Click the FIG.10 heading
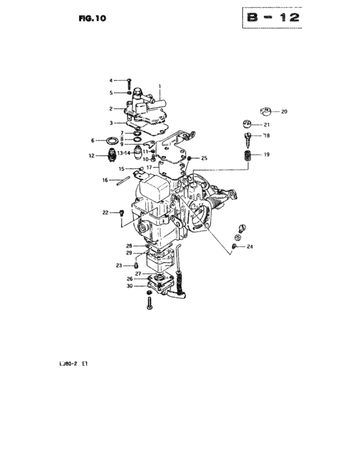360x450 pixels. [92, 19]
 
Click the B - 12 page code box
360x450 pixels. [272, 18]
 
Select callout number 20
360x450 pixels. [284, 112]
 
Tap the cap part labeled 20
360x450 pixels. [266, 111]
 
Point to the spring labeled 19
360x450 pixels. [248, 156]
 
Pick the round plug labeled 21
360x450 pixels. [247, 124]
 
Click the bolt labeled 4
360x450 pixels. [129, 84]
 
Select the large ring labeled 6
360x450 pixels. [113, 141]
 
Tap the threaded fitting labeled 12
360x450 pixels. [112, 155]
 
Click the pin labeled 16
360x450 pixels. [123, 181]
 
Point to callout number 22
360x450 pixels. [105, 213]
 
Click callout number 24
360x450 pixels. [250, 246]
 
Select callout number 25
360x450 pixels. [204, 158]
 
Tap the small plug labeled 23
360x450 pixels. [137, 265]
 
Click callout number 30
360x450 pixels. [129, 286]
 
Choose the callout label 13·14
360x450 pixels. [123, 153]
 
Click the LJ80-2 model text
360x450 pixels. [68, 364]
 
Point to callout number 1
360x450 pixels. [159, 86]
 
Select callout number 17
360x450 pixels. [149, 167]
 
